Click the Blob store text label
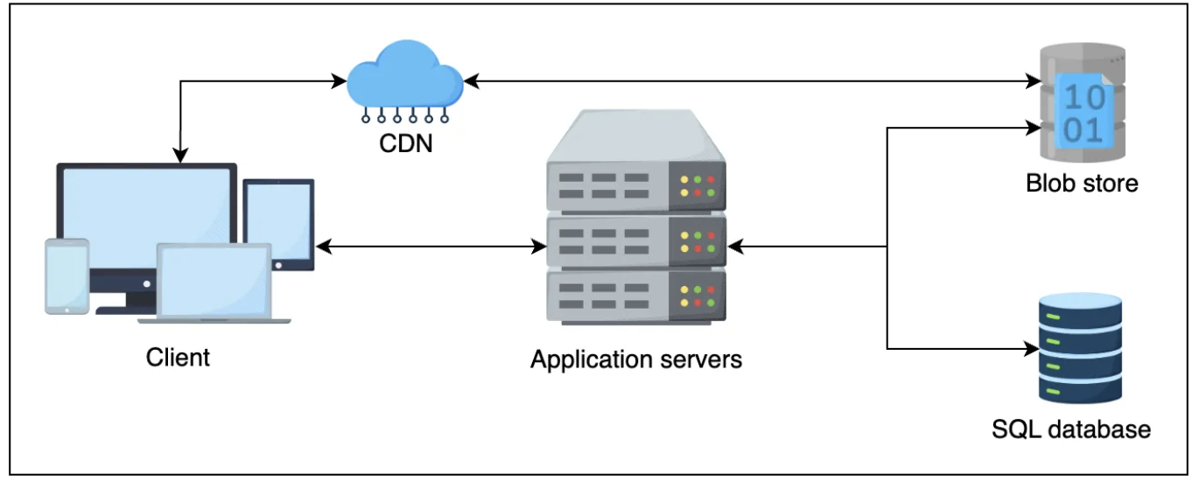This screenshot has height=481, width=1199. (x=1082, y=184)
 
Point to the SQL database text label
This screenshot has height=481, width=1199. (x=1071, y=429)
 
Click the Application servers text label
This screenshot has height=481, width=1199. (x=636, y=359)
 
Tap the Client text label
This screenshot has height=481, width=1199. (x=178, y=358)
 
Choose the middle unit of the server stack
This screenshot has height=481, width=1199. (x=636, y=240)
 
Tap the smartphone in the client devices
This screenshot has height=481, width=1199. (x=67, y=275)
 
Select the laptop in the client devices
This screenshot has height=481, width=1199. (x=214, y=285)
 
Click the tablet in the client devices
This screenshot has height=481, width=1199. (x=278, y=224)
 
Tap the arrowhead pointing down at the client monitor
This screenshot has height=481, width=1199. (x=180, y=157)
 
